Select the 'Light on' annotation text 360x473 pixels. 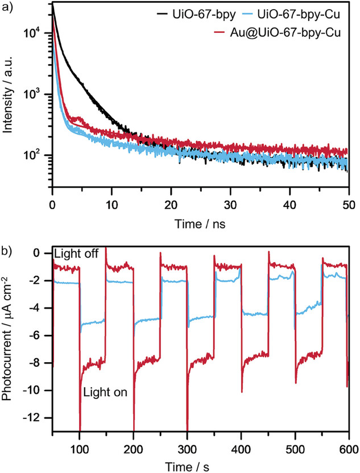(x=105, y=392)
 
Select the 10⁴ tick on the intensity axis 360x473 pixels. (x=38, y=34)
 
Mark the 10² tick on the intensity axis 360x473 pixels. (x=38, y=155)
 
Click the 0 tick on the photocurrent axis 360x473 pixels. (x=42, y=254)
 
